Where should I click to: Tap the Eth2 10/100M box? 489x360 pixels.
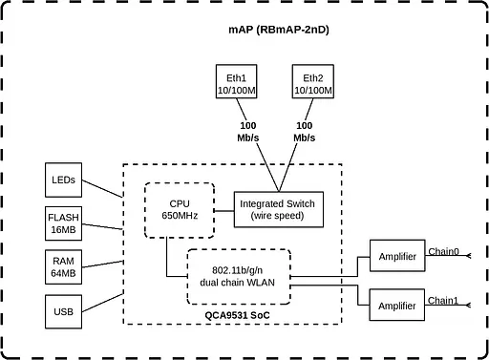(x=313, y=84)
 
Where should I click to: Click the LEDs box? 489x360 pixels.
(x=65, y=179)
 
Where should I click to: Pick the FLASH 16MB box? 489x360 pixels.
(x=64, y=223)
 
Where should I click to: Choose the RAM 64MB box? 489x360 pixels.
(x=64, y=267)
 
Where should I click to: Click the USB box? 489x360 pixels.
(x=64, y=311)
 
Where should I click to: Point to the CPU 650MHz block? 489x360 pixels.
(x=180, y=210)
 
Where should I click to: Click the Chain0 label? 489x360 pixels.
(x=443, y=252)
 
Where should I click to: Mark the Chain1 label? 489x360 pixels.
(x=443, y=300)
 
